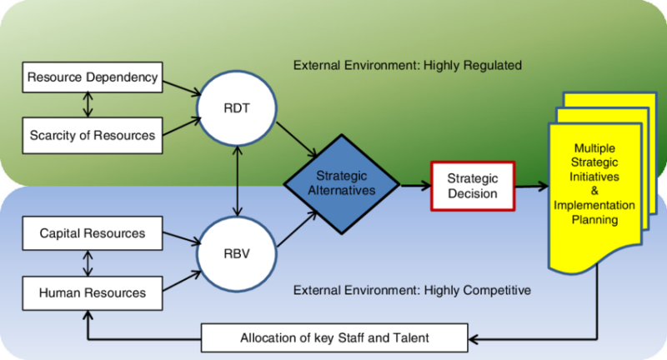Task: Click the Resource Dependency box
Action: point(92,78)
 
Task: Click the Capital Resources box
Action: point(92,233)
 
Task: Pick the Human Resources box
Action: point(92,292)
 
